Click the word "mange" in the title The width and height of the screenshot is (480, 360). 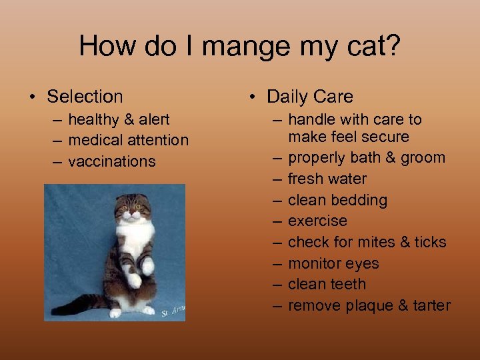pyautogui.click(x=244, y=47)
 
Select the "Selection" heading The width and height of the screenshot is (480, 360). pyautogui.click(x=85, y=97)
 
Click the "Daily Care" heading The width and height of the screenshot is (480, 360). pyautogui.click(x=309, y=97)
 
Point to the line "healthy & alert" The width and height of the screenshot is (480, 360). pyautogui.click(x=119, y=120)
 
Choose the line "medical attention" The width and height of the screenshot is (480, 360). pyautogui.click(x=128, y=141)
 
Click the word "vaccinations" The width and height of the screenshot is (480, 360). pyautogui.click(x=111, y=162)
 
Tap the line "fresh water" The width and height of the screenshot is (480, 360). pyautogui.click(x=327, y=179)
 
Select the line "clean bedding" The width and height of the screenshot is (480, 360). pyautogui.click(x=337, y=200)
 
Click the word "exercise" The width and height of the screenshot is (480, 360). pyautogui.click(x=317, y=221)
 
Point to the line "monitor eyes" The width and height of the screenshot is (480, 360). pyautogui.click(x=333, y=263)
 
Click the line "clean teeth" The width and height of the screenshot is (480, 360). pyautogui.click(x=327, y=285)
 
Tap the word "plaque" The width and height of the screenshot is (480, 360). pyautogui.click(x=371, y=306)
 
